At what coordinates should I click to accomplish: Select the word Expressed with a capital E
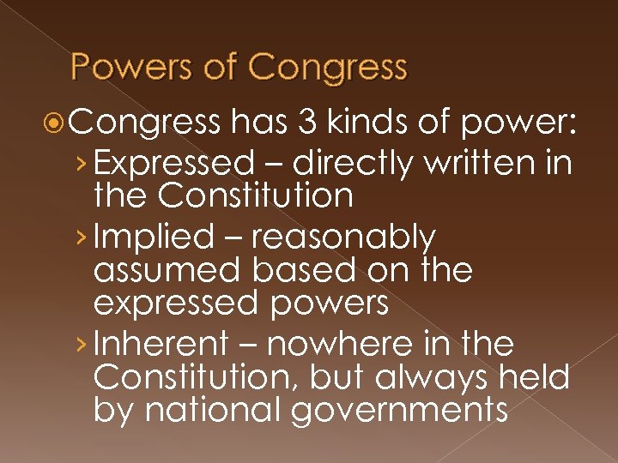click(x=175, y=162)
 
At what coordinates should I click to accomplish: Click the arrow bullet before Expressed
click(x=80, y=163)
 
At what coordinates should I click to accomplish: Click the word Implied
click(x=154, y=237)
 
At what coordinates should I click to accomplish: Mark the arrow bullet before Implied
click(x=80, y=238)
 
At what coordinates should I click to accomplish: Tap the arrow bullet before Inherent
click(x=80, y=346)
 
